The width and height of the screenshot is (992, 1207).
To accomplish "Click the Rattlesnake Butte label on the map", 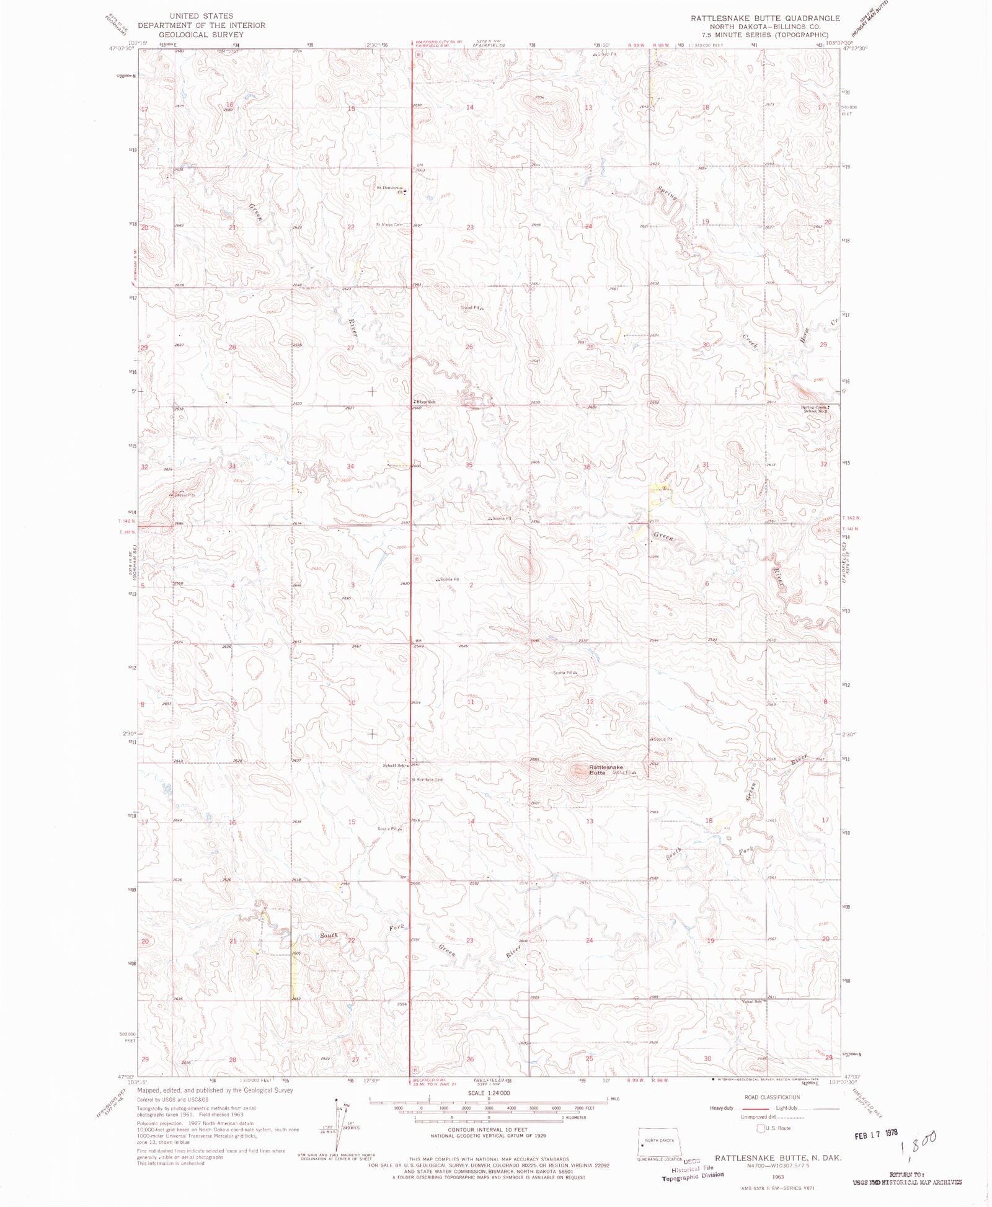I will (605, 770).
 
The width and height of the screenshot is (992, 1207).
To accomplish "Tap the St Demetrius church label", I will (389, 188).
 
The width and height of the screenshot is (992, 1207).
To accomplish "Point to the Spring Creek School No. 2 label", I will (815, 409).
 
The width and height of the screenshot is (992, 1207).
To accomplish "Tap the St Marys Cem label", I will (389, 224).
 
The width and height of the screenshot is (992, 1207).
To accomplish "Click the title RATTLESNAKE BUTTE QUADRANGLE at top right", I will (765, 18).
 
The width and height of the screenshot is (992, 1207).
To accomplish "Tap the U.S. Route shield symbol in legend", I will (761, 1128).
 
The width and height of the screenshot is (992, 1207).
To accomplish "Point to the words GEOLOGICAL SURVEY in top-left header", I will (201, 35).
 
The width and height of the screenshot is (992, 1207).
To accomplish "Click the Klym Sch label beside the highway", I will (426, 402).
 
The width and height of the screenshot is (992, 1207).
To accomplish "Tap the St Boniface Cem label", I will (427, 780).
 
